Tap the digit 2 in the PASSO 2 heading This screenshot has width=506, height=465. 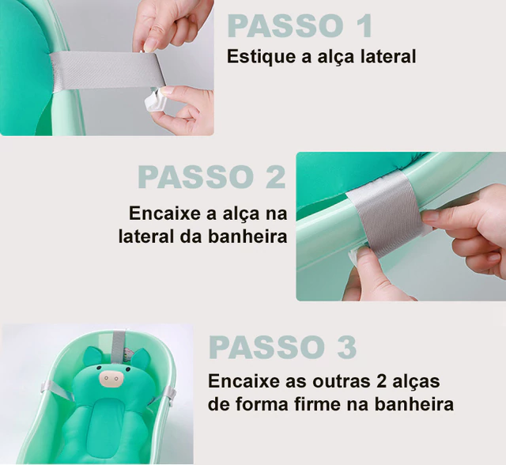coord(276,177)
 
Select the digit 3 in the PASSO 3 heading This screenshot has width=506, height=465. coord(346,347)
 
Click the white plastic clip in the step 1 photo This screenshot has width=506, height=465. coord(155,100)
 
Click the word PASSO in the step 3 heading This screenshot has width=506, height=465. coord(267,347)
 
